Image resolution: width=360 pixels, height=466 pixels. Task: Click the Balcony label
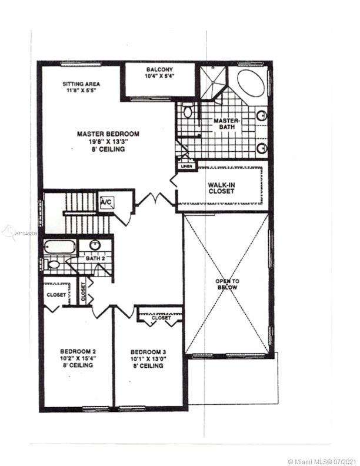click(x=159, y=69)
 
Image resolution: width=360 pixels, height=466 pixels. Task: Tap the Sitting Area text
click(x=81, y=84)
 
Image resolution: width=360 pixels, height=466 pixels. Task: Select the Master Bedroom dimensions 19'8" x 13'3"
click(x=108, y=142)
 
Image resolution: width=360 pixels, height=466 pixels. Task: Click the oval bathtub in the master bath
click(x=251, y=83)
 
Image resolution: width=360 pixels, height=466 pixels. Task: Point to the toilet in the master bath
click(x=187, y=110)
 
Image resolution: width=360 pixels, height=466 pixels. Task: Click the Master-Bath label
click(x=226, y=124)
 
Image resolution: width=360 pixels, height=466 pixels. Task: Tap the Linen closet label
click(x=186, y=167)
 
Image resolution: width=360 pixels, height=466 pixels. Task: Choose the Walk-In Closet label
click(x=222, y=188)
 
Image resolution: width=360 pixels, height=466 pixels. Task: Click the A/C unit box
click(x=106, y=203)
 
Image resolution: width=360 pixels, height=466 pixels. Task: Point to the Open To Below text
click(x=227, y=284)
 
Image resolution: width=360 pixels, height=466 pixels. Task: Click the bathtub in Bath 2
click(x=59, y=247)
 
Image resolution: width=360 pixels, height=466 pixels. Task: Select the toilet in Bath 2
click(x=52, y=264)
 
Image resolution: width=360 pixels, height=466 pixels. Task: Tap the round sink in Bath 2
click(x=95, y=245)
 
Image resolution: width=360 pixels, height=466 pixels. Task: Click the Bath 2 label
click(x=95, y=258)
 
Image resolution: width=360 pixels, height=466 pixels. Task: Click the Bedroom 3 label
click(x=148, y=352)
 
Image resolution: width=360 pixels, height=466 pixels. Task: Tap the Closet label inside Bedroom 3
click(x=161, y=318)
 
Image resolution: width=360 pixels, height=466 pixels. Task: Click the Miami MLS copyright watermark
click(x=322, y=461)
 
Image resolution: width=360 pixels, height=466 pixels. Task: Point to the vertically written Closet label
click(x=83, y=292)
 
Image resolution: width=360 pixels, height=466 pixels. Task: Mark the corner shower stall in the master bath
click(x=212, y=82)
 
